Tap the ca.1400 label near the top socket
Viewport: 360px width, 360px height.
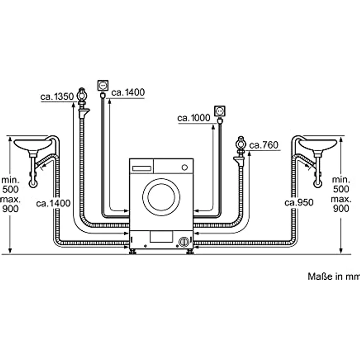(128, 92)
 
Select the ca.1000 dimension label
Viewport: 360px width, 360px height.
(194, 117)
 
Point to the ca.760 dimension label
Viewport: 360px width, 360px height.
(264, 145)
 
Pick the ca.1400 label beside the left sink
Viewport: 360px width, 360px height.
(53, 202)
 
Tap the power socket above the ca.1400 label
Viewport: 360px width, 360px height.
(104, 85)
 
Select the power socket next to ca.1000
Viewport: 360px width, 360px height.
(220, 110)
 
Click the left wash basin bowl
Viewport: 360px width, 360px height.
(32, 145)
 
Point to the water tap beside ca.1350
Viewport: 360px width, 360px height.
(82, 94)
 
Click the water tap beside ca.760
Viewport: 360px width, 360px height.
(240, 145)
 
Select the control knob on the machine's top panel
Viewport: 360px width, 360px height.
(185, 167)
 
